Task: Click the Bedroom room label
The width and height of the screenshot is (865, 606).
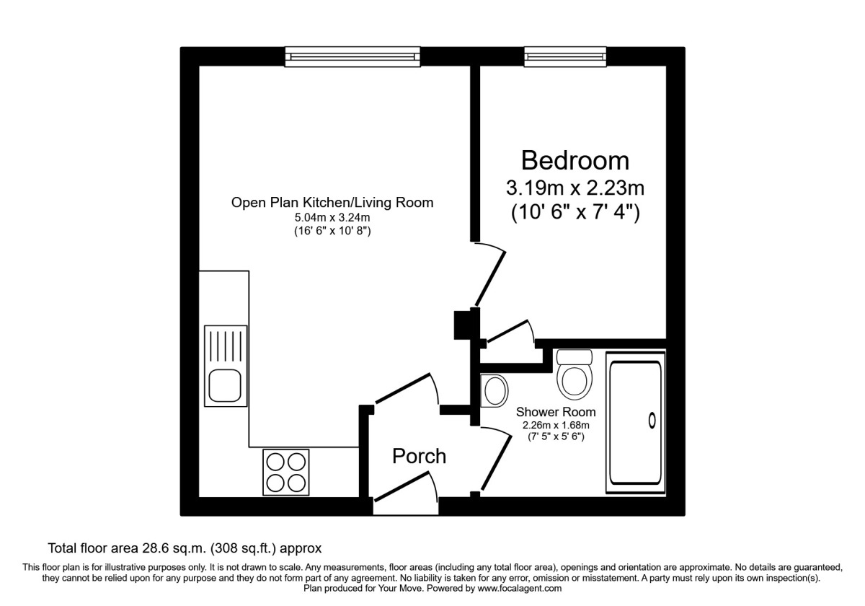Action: click(x=575, y=159)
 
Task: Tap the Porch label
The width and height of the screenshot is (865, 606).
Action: click(x=419, y=456)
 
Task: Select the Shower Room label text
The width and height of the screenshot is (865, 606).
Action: click(x=556, y=413)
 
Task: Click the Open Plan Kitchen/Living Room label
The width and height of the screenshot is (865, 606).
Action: click(x=332, y=203)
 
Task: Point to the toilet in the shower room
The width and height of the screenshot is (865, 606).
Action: click(x=575, y=375)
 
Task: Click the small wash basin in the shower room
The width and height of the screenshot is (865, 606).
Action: click(x=494, y=391)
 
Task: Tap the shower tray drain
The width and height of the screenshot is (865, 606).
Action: click(x=652, y=420)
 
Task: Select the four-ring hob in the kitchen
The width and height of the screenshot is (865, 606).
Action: click(x=285, y=472)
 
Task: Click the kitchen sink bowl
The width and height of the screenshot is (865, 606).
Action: click(x=226, y=385)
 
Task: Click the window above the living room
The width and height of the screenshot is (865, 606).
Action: click(x=351, y=56)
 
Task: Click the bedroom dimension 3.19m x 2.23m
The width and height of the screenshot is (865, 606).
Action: click(x=575, y=189)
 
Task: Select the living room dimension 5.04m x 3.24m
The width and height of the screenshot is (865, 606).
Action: click(x=332, y=218)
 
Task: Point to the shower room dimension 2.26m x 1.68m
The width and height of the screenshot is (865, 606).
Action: click(x=556, y=425)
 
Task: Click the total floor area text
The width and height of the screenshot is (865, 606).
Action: click(x=184, y=548)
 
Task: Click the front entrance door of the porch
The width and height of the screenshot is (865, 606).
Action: click(x=404, y=491)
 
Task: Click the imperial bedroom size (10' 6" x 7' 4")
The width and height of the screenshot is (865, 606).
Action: click(x=575, y=214)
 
